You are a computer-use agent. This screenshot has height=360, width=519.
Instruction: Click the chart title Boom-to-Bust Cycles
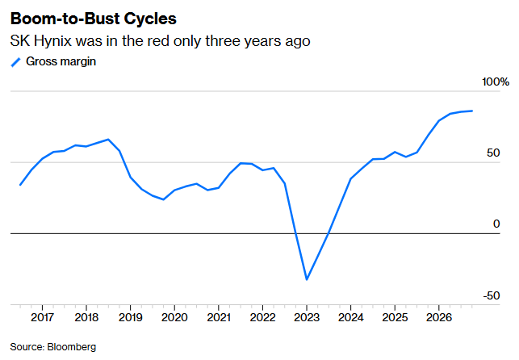point(94,19)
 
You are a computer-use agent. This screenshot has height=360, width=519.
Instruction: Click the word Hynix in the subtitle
point(52,41)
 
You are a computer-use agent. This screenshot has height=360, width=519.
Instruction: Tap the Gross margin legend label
point(61,61)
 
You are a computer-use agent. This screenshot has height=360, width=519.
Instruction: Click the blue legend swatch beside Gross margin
point(16,62)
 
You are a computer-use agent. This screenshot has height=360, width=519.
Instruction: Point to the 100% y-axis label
point(496,82)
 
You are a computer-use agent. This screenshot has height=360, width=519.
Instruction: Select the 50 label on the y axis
point(493,153)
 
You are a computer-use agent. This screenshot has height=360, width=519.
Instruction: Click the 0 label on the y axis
point(496,224)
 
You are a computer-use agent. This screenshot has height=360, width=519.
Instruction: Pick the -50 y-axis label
point(492,295)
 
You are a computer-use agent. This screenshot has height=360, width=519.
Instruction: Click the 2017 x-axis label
point(42,317)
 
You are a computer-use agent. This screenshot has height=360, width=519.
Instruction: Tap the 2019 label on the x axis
point(131,317)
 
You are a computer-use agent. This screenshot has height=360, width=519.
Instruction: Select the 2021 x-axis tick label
point(219,317)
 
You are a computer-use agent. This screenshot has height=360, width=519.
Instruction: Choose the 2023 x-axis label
point(307,317)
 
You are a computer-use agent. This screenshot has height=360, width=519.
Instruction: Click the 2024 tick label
point(351,317)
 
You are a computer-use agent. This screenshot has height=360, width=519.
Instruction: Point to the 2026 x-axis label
point(439,317)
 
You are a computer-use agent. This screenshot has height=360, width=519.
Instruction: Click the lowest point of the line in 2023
point(307,279)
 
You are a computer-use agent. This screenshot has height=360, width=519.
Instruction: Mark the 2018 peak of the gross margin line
point(108,140)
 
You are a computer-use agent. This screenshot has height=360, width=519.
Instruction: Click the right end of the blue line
point(472,111)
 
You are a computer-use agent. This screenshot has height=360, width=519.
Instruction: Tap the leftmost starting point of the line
point(20,185)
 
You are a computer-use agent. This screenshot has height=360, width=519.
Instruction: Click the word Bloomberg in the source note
point(72,347)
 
